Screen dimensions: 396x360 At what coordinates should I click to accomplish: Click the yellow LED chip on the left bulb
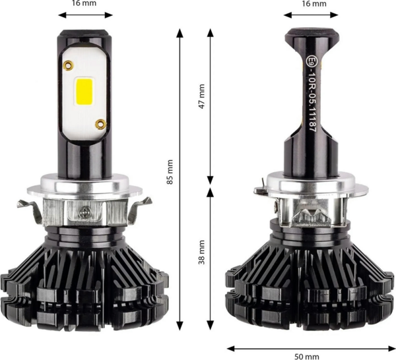84,92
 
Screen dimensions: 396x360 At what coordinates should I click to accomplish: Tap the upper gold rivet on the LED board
68,65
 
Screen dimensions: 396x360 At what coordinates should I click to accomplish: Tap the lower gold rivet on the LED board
100,124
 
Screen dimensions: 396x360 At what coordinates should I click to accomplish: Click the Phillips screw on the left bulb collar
84,212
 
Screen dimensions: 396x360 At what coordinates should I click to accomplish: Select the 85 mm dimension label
170,172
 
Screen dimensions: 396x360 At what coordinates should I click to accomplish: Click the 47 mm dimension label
202,96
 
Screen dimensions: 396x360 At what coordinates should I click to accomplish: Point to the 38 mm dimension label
202,252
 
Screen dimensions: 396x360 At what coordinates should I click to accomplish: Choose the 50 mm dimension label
307,357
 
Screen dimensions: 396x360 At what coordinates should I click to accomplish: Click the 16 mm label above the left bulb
84,3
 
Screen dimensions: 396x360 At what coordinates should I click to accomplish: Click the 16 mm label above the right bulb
314,3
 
